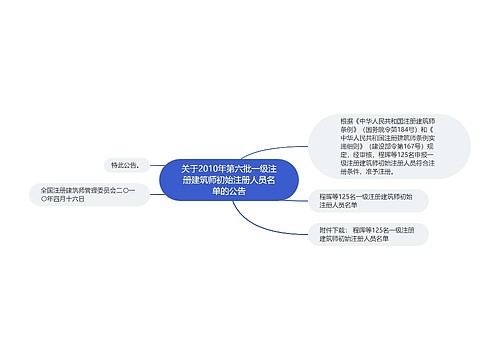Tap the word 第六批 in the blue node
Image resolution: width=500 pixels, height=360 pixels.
(x=247, y=167)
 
